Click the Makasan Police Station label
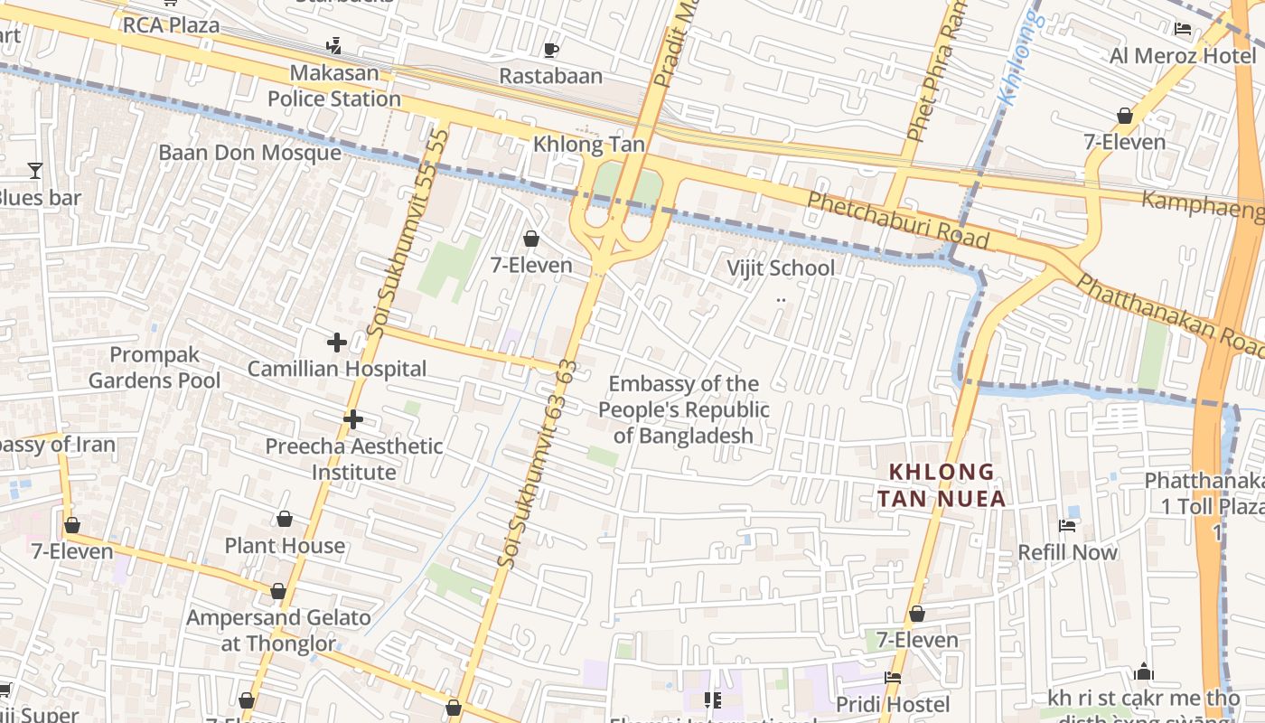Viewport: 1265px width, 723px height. (x=333, y=86)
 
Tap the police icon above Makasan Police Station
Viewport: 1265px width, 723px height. (x=333, y=45)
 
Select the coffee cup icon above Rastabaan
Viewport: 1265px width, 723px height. (x=551, y=50)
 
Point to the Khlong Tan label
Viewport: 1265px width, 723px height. (x=588, y=145)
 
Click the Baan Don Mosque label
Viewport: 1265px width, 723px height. (x=249, y=153)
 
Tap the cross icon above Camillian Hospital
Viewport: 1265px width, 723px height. (x=336, y=343)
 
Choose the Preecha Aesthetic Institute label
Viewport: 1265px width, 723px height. (x=353, y=459)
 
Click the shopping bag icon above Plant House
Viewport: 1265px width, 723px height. (x=284, y=519)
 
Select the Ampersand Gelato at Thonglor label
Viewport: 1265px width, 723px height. (x=278, y=631)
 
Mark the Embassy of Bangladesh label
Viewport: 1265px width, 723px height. (x=684, y=409)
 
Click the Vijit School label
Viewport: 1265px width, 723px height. (x=781, y=268)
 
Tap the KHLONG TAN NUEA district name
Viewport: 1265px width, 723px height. (x=941, y=485)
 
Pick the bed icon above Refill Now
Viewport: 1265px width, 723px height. (x=1067, y=526)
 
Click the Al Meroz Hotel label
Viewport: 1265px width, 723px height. (x=1183, y=56)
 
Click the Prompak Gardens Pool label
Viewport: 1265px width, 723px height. (x=154, y=367)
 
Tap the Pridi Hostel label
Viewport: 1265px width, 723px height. (x=892, y=704)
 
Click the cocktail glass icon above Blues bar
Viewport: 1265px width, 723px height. (x=34, y=170)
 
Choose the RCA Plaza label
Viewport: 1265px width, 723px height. (x=171, y=24)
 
